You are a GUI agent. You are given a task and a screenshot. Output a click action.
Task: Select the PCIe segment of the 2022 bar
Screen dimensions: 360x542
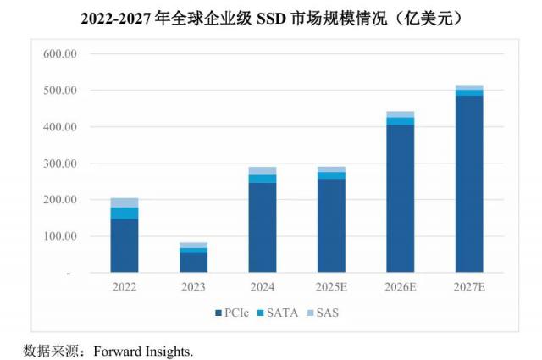point(124,246)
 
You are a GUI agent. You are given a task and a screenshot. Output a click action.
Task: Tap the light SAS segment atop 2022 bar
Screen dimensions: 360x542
point(124,202)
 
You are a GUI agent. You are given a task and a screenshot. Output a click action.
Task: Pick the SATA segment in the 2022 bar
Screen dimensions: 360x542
point(124,213)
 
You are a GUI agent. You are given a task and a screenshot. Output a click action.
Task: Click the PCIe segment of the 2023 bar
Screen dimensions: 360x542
point(193,263)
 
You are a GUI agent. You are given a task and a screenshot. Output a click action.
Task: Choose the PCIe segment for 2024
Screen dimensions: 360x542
point(263,228)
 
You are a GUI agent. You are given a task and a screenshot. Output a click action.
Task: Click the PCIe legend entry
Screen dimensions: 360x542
point(237,313)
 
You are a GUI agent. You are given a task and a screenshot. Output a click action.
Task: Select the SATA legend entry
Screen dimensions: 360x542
point(283,313)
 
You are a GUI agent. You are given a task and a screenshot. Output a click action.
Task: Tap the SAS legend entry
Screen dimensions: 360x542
point(327,313)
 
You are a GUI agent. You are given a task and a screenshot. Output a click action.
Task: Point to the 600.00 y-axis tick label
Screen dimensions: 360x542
point(60,53)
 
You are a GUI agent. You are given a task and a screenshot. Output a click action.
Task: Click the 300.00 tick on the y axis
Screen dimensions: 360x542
point(60,163)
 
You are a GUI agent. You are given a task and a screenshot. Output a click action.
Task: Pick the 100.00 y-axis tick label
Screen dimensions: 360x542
point(60,236)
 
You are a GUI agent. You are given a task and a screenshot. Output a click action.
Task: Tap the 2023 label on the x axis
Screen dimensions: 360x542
point(193,287)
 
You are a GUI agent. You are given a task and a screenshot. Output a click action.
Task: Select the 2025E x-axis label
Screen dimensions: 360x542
point(331,287)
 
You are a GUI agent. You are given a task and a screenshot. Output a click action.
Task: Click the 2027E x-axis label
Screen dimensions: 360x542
point(468,287)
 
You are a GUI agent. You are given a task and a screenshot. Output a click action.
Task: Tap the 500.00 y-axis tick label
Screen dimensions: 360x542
point(60,91)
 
